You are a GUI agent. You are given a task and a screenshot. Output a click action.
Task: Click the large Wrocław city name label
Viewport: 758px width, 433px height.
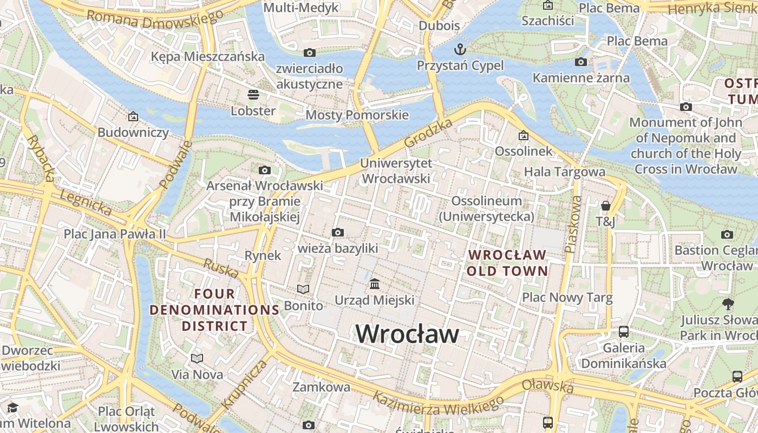point(407,334)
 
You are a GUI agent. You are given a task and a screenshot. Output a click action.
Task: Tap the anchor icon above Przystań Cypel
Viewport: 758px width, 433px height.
point(460,49)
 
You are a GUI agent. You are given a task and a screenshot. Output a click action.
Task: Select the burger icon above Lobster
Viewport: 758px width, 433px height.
point(253,95)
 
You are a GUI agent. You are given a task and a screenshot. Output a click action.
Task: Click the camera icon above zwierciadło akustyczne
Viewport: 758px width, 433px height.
point(310,53)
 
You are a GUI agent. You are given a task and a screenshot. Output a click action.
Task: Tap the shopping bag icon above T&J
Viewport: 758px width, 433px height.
point(606,206)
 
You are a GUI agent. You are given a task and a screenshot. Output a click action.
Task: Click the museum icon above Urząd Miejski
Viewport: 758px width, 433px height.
point(375,284)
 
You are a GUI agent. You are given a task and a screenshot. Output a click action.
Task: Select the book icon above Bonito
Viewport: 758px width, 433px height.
point(303,290)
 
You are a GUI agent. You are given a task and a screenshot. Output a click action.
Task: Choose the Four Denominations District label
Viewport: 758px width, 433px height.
point(214,310)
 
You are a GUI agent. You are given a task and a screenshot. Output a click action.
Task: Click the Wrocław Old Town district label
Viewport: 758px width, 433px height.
point(507,263)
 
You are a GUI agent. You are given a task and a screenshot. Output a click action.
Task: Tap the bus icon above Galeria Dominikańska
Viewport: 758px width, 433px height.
point(624,331)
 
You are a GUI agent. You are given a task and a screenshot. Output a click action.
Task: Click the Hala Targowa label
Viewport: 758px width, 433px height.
point(565,172)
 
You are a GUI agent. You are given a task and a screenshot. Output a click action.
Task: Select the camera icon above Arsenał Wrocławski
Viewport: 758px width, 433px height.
point(265,170)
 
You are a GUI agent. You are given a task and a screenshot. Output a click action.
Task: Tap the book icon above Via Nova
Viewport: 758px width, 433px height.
point(197,358)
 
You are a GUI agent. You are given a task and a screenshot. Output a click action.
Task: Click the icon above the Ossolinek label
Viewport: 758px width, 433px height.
point(523,135)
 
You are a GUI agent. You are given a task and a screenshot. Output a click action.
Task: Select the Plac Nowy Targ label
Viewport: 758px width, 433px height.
point(567,297)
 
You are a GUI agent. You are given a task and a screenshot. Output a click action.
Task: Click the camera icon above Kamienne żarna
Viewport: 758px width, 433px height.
point(581,62)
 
